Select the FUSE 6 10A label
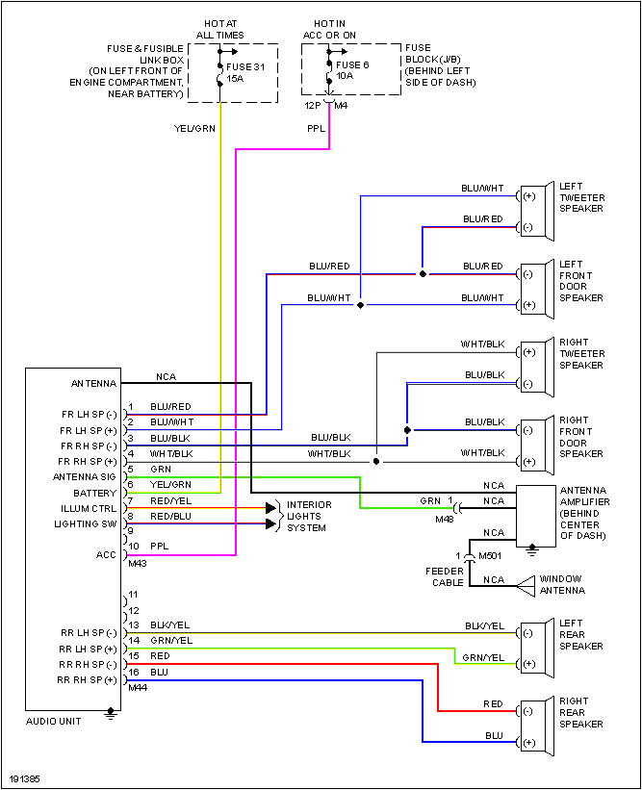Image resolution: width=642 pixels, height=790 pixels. click(352, 71)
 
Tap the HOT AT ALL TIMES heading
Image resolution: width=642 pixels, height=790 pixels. click(219, 29)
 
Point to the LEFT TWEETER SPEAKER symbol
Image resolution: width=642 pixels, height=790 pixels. click(535, 212)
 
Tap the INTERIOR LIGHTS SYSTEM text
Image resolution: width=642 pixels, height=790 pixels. click(308, 516)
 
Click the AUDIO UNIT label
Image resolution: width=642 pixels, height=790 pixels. click(53, 721)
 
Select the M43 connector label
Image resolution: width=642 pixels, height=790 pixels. click(136, 563)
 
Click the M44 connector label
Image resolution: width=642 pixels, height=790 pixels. click(136, 688)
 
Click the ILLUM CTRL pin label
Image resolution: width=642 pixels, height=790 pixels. click(90, 508)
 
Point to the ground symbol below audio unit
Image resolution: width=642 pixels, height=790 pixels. click(112, 715)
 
